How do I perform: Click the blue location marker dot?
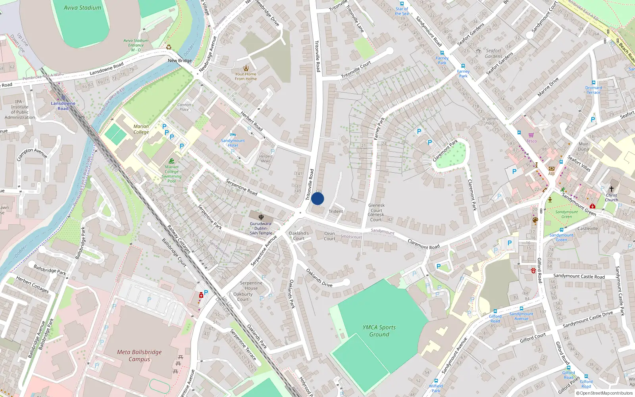pyautogui.click(x=317, y=198)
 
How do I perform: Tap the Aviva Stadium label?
pyautogui.click(x=83, y=8)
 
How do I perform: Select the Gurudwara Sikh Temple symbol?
pyautogui.click(x=261, y=217)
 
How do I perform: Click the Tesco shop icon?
pyautogui.click(x=531, y=135)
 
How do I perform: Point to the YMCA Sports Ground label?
pyautogui.click(x=379, y=331)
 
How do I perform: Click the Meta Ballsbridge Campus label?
pyautogui.click(x=139, y=355)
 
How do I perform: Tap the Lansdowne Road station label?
pyautogui.click(x=63, y=106)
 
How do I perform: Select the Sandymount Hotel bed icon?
pyautogui.click(x=233, y=135)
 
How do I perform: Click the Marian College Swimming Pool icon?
pyautogui.click(x=171, y=161)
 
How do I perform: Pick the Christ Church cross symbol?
pyautogui.click(x=612, y=189)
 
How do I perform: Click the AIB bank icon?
pyautogui.click(x=551, y=168)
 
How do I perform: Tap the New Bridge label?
pyautogui.click(x=180, y=61)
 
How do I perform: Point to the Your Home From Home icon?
pyautogui.click(x=246, y=68)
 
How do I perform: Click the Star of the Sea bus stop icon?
pyautogui.click(x=402, y=4)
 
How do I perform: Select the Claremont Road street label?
pyautogui.click(x=423, y=244)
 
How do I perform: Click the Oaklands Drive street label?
pyautogui.click(x=319, y=278)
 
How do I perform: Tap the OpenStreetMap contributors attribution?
pyautogui.click(x=604, y=393)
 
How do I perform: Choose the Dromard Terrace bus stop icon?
pyautogui.click(x=593, y=83)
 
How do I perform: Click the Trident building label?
pyautogui.click(x=336, y=211)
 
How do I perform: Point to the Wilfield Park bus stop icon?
pyautogui.click(x=436, y=381)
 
